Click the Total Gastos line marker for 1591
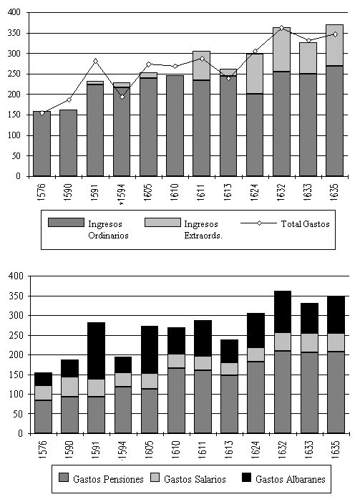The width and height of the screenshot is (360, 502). pyautogui.click(x=95, y=61)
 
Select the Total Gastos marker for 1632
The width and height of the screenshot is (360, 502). pyautogui.click(x=281, y=28)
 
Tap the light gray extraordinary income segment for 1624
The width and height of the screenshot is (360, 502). pyautogui.click(x=255, y=74)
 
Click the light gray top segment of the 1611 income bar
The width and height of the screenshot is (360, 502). pyautogui.click(x=202, y=66)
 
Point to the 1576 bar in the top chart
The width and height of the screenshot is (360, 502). pyautogui.click(x=42, y=144)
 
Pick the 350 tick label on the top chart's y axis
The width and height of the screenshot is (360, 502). pyautogui.click(x=14, y=33)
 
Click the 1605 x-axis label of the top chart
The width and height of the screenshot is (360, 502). pyautogui.click(x=148, y=192)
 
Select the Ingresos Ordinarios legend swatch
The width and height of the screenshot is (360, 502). pyautogui.click(x=66, y=223)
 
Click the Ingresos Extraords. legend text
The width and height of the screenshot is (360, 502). pyautogui.click(x=203, y=230)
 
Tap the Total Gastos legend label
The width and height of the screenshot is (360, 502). pyautogui.click(x=306, y=223)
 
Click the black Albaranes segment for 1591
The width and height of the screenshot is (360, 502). pyautogui.click(x=97, y=351)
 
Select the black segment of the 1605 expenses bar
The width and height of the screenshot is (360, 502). pyautogui.click(x=150, y=350)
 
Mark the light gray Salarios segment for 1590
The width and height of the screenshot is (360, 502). pyautogui.click(x=69, y=387)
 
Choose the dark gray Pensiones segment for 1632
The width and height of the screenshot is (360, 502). pyautogui.click(x=283, y=392)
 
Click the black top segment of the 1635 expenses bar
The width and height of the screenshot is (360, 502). pyautogui.click(x=336, y=315)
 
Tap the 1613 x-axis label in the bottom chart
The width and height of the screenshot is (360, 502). pyautogui.click(x=229, y=450)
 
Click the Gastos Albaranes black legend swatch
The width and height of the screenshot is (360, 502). pyautogui.click(x=247, y=478)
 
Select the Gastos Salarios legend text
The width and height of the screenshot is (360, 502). pyautogui.click(x=195, y=479)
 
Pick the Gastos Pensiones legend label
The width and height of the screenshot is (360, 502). pyautogui.click(x=108, y=479)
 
